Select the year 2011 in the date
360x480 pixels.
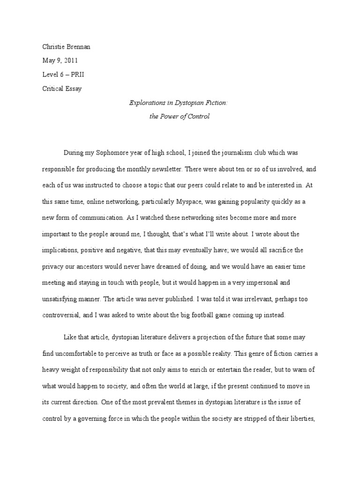(71, 60)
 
